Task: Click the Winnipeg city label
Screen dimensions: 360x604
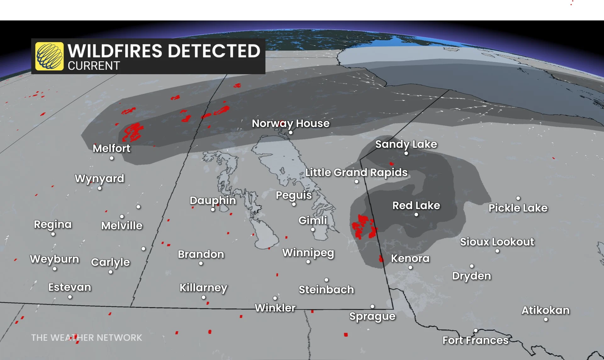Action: [x=308, y=253]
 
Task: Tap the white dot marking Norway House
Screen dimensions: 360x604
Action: [x=291, y=133]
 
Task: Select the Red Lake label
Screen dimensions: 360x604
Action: [x=416, y=206]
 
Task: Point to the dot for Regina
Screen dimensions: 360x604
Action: [x=53, y=234]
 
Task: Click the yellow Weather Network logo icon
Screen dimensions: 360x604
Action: [x=49, y=56]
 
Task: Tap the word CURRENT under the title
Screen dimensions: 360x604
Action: [x=94, y=66]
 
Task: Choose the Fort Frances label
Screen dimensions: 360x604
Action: [x=475, y=340]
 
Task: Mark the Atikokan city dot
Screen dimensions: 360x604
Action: [x=546, y=319]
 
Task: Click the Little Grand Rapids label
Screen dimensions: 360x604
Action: [x=356, y=173]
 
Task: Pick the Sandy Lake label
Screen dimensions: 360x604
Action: [x=406, y=144]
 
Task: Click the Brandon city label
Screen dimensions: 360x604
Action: [x=201, y=254]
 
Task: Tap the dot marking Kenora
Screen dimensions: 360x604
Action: [x=410, y=268]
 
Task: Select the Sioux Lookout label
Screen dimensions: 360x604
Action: [x=497, y=242]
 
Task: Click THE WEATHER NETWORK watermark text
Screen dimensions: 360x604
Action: [x=87, y=338]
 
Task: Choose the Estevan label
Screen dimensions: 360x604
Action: [x=70, y=287]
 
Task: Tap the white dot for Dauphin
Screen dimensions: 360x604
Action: [x=213, y=209]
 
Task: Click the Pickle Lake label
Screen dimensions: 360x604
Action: [x=518, y=208]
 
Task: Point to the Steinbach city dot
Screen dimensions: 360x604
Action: [x=327, y=280]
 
